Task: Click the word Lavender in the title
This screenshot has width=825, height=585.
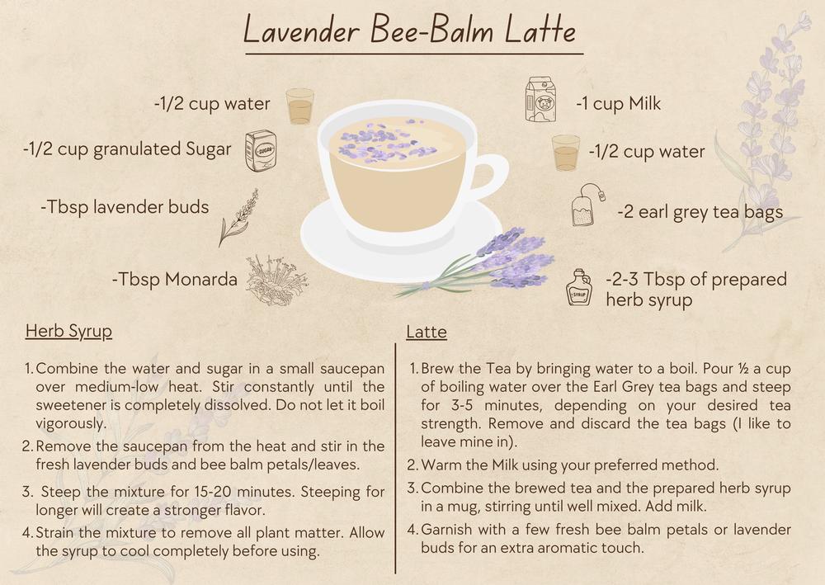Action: [x=301, y=31]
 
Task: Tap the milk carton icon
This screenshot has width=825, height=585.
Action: [x=541, y=100]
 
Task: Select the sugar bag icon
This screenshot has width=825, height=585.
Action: [x=261, y=151]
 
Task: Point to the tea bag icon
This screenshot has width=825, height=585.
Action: [x=588, y=205]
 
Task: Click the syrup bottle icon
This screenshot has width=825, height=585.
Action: [x=579, y=287]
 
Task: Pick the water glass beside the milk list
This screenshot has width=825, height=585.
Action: [x=566, y=153]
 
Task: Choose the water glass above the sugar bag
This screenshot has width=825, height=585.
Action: [x=300, y=106]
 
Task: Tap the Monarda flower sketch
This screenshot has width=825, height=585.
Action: [x=276, y=280]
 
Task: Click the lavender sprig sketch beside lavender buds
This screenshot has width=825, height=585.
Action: [x=238, y=218]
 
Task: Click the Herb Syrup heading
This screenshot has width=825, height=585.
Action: [x=69, y=332]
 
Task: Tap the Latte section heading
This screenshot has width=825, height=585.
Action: [x=427, y=332]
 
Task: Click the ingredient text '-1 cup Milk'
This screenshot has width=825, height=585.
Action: [x=618, y=104]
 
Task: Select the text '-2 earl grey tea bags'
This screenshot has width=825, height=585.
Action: [x=700, y=212]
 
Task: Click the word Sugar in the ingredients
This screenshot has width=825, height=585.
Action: [x=209, y=149]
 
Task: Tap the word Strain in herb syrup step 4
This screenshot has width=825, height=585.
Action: [x=55, y=532]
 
